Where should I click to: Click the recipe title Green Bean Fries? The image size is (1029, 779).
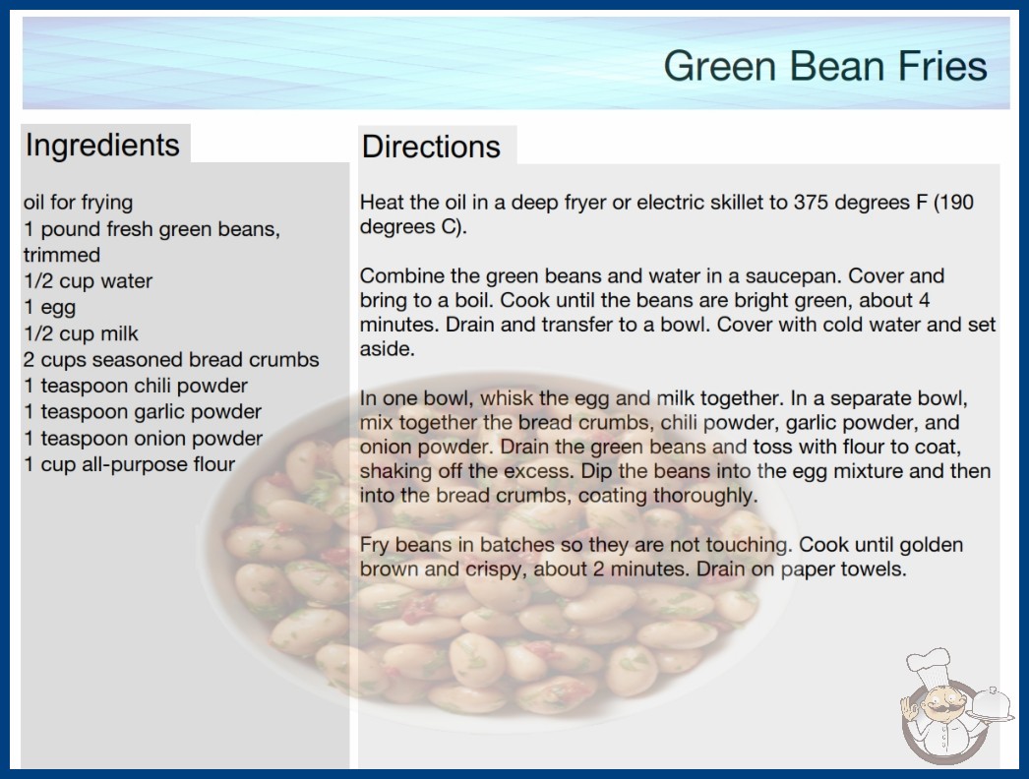pos(825,66)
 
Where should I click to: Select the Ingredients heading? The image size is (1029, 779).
pos(102,146)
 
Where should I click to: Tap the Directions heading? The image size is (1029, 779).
pos(431,147)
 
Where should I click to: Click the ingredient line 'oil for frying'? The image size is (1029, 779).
pos(78,203)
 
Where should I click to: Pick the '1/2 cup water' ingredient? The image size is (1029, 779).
pos(88,281)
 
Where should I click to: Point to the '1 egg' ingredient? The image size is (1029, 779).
pos(50,308)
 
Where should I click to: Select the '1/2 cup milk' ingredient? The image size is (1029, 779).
pos(82,333)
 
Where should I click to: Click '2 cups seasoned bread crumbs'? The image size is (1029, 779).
pos(171,360)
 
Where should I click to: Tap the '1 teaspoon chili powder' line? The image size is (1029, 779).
pos(136,386)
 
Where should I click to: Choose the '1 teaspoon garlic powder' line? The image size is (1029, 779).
pos(143,412)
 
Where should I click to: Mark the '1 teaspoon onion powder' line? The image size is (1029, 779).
pos(143,439)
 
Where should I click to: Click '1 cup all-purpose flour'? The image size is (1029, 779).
pos(129,464)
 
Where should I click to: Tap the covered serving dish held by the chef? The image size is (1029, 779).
pos(991,705)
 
